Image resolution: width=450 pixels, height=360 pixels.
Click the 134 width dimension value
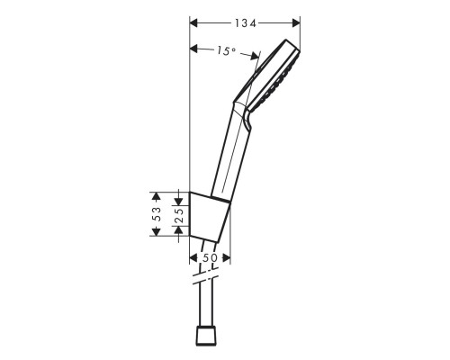click(246, 21)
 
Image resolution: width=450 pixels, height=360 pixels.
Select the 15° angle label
click(226, 52)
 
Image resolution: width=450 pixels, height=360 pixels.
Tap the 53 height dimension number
click(157, 213)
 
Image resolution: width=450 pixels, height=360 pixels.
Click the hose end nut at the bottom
click(207, 337)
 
